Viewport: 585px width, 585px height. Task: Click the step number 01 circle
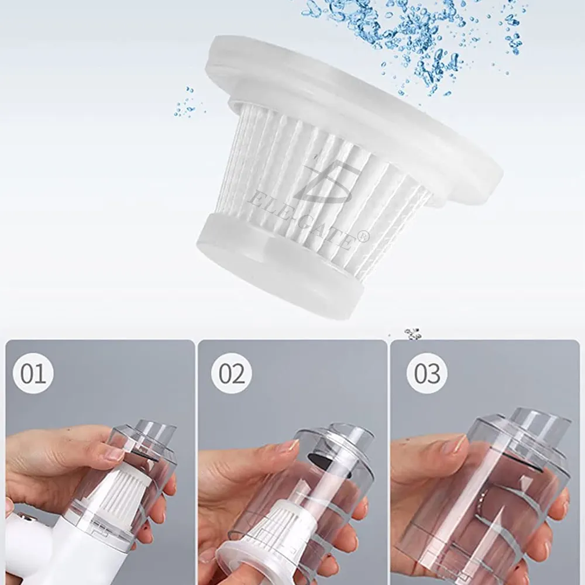tap(33, 373)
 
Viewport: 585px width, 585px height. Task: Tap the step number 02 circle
tap(231, 373)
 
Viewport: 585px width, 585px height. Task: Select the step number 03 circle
tap(427, 373)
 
